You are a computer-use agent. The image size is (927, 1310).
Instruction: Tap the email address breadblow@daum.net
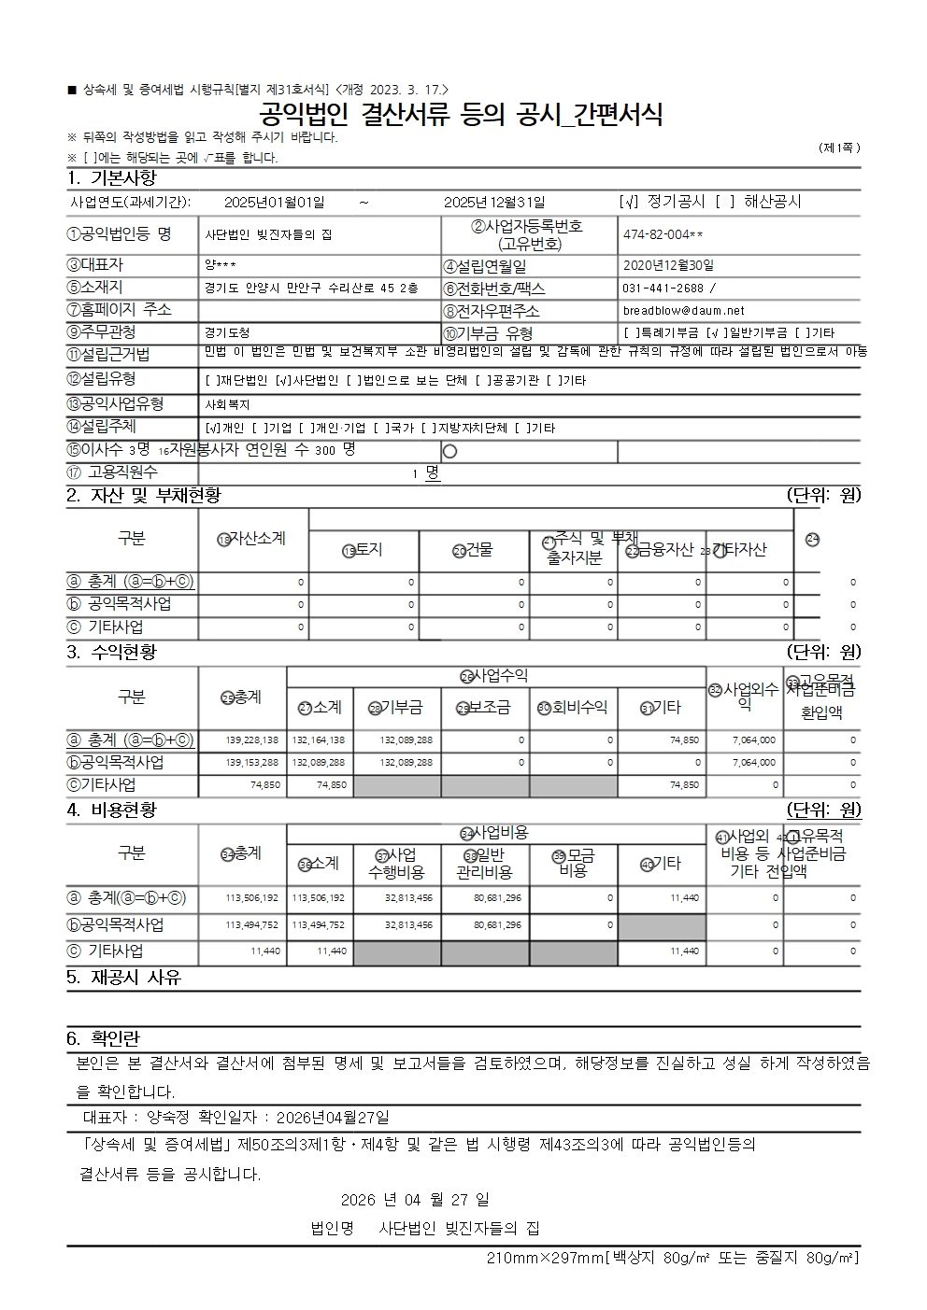coord(683,310)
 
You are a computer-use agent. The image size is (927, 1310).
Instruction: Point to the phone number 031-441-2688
coord(664,288)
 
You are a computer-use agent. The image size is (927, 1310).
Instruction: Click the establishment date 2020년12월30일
coord(668,266)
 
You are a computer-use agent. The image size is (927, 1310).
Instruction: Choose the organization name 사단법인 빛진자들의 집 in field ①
coord(268,235)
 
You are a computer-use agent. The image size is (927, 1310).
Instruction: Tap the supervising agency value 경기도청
coord(227,332)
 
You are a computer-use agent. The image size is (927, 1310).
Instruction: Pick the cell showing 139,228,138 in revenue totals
coord(251,740)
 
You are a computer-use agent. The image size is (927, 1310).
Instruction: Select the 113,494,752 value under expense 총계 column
coord(251,924)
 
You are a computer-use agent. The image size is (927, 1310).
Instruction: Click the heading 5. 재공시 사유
coord(124,978)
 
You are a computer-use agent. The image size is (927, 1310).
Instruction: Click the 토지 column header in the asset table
coord(364,550)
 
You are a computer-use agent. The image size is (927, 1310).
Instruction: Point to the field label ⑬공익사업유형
coord(115,403)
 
